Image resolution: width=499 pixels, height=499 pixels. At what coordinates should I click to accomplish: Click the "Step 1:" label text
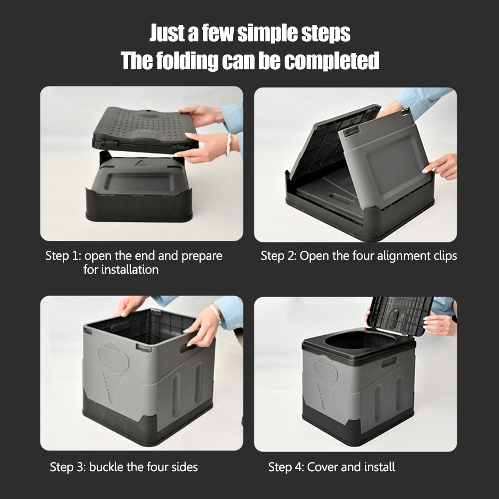[x=63, y=256]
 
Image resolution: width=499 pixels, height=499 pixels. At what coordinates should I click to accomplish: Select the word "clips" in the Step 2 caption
[x=443, y=256]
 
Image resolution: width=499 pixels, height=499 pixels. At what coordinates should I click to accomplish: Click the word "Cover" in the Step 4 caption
[x=323, y=467]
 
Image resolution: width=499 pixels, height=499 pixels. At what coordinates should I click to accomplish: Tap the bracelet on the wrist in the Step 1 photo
[x=229, y=145]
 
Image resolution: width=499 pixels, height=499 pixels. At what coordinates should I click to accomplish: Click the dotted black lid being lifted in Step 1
[x=145, y=128]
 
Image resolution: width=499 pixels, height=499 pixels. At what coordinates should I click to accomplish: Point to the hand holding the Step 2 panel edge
[x=442, y=166]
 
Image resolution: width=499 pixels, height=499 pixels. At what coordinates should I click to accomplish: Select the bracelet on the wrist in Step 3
[x=216, y=314]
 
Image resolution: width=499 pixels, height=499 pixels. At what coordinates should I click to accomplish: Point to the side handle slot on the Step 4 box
[x=389, y=362]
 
